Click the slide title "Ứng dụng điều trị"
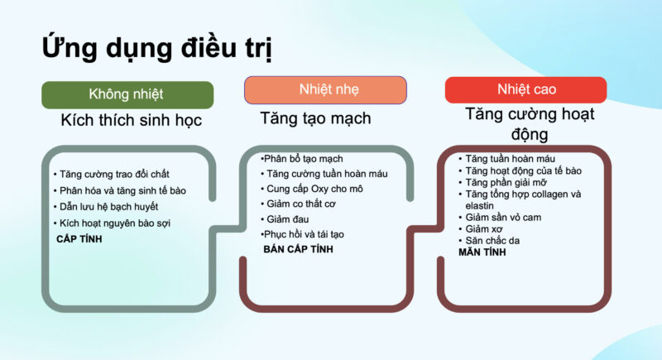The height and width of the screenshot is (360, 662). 156,47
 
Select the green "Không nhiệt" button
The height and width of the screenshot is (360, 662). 127,94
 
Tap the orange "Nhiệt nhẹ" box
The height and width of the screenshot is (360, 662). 325,90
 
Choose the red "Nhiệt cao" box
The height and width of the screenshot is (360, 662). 525,90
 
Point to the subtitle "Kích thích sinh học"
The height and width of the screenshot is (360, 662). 132,120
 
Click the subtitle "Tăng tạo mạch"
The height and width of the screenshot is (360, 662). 315,118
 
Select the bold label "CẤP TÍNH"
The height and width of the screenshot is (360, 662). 79,239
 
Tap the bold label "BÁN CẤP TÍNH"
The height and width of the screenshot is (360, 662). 298,249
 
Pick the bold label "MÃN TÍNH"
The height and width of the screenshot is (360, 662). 482,252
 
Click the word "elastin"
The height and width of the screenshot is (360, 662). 479,206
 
